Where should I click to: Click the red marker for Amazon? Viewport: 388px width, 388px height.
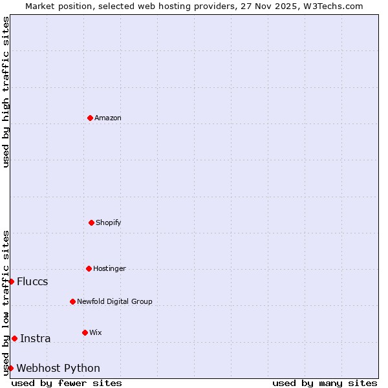click(90, 118)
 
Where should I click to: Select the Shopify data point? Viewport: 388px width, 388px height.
click(91, 222)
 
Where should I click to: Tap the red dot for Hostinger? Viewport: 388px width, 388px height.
click(89, 268)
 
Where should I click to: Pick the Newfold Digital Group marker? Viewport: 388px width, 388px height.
click(72, 301)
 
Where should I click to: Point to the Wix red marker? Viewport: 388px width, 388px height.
click(85, 332)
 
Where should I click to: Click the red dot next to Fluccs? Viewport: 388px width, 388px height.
click(11, 281)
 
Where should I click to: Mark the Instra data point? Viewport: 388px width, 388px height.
click(14, 338)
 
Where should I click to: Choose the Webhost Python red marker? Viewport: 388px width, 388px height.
click(10, 368)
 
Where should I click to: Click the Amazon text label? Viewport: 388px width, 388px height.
click(108, 118)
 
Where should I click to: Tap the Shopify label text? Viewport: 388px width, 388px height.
click(109, 222)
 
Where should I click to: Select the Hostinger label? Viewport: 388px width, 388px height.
click(110, 268)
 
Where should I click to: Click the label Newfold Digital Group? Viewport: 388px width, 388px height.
click(115, 301)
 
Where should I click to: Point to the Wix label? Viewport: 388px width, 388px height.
click(96, 332)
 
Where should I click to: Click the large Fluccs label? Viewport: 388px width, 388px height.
click(32, 281)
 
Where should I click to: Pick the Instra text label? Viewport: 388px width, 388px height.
click(36, 338)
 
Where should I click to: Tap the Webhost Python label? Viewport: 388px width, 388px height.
click(58, 368)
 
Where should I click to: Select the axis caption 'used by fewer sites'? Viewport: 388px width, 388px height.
click(67, 383)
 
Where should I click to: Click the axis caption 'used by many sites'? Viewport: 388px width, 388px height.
click(325, 383)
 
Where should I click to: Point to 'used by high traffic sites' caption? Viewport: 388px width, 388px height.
click(6, 92)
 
